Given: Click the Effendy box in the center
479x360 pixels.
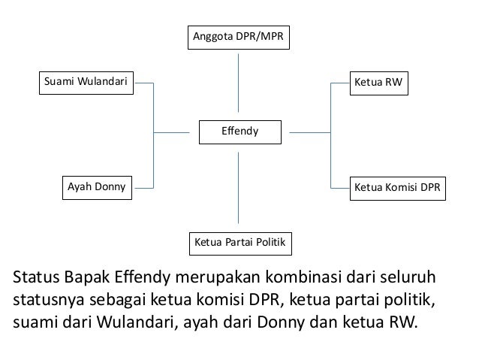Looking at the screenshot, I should tap(239, 132).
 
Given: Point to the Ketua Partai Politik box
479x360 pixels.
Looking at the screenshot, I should tap(239, 244).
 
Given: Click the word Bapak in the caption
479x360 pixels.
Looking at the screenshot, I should tap(87, 277).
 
